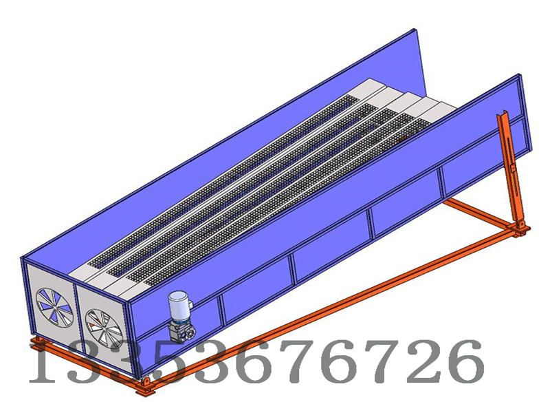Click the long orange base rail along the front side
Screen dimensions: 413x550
309,310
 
